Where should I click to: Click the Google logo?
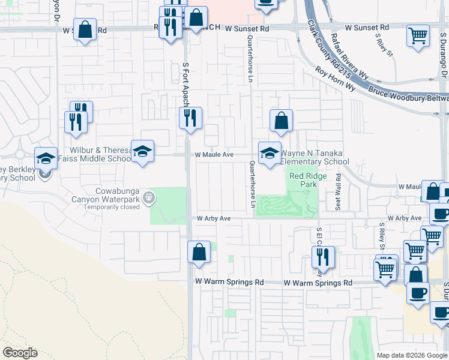[20, 353]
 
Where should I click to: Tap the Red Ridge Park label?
[303, 180]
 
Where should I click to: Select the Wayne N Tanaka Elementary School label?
[315, 157]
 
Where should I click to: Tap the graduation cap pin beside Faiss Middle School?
[143, 152]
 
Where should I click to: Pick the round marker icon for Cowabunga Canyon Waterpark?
[149, 196]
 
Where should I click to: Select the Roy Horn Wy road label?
[335, 79]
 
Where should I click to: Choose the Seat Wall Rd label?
[339, 191]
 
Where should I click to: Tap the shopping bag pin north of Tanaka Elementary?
[280, 121]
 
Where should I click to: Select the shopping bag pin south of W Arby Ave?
[199, 253]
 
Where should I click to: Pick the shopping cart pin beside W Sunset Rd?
[417, 35]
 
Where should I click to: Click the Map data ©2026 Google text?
[411, 355]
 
